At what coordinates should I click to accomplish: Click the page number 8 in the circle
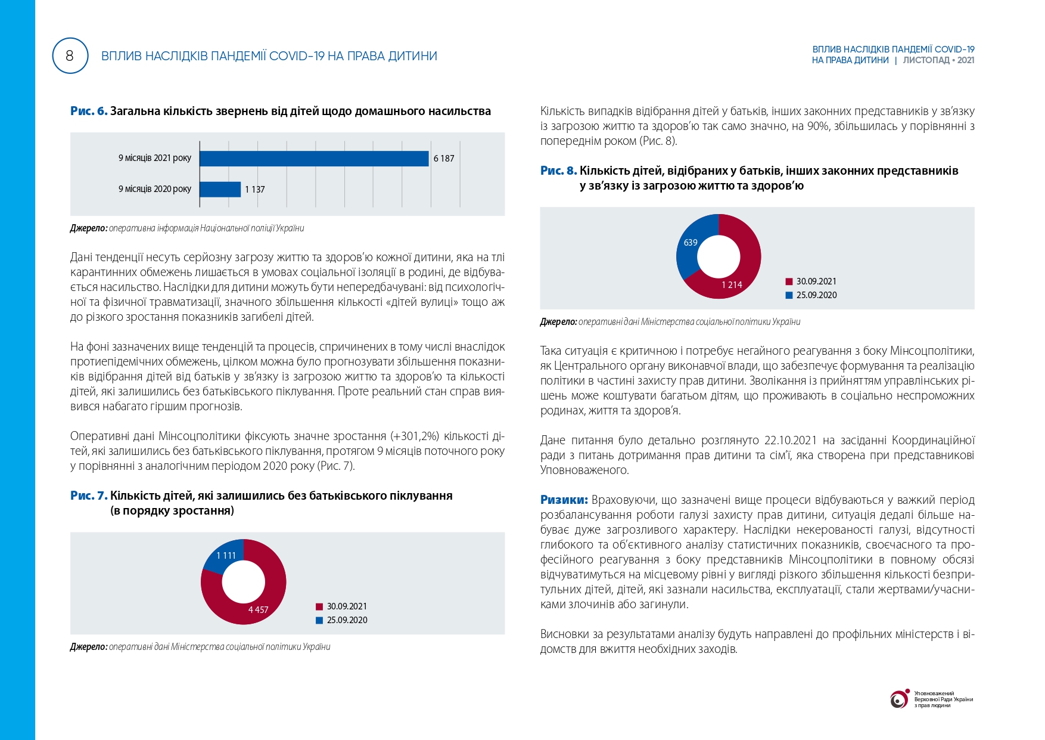click(70, 56)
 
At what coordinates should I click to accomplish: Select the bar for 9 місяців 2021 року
click(314, 159)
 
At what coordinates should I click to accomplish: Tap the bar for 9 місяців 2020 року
click(220, 189)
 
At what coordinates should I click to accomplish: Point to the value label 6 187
click(444, 159)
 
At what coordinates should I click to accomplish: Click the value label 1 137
click(255, 190)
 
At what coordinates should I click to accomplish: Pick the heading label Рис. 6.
click(89, 112)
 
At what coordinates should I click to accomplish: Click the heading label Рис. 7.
click(89, 496)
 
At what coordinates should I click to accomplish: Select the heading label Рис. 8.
click(558, 171)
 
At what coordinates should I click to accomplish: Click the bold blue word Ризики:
click(564, 500)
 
